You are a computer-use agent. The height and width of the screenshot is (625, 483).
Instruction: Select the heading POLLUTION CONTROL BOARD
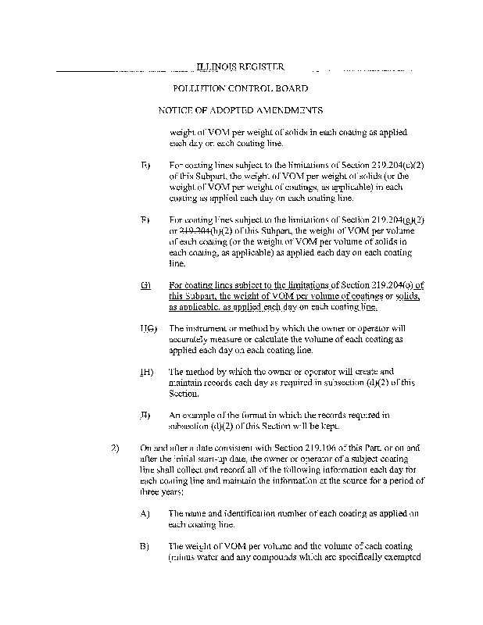pos(240,89)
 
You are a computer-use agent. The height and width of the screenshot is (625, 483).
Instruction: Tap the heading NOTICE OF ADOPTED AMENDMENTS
pos(241,111)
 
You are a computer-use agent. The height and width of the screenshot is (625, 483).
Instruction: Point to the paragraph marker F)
pos(145,220)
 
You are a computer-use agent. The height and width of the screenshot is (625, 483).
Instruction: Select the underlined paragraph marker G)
pos(145,286)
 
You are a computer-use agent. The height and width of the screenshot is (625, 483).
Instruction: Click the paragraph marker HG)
pos(148,329)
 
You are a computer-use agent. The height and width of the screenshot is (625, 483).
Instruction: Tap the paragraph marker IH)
pos(146,372)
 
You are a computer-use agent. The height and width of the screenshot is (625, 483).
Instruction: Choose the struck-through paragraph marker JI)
pos(146,414)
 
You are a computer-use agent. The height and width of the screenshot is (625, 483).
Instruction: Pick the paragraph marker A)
pos(145,512)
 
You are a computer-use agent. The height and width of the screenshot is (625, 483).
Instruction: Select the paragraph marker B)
pos(145,545)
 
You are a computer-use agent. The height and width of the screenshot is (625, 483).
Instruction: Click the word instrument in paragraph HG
pos(206,329)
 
